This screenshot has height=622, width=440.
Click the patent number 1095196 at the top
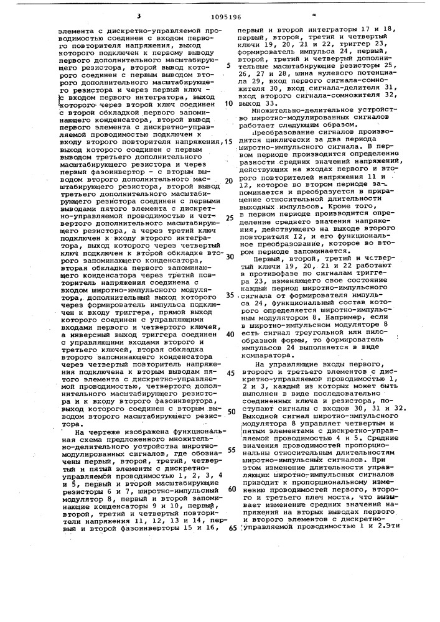pyautogui.click(x=219, y=17)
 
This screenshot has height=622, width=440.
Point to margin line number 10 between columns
pyautogui.click(x=229, y=103)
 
